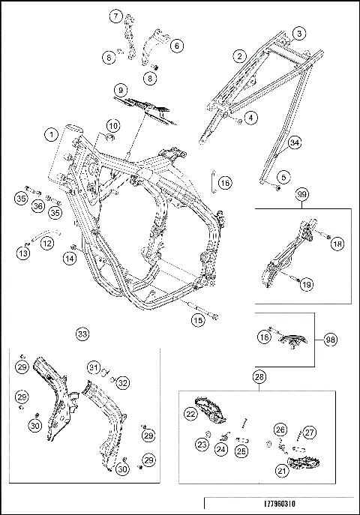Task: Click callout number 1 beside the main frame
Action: point(51,135)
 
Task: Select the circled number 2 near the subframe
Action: point(240,56)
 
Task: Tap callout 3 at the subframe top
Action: point(299,34)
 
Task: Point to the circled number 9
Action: point(121,90)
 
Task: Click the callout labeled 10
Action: point(113,126)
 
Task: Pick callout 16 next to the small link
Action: point(225,183)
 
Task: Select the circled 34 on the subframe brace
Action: point(295,143)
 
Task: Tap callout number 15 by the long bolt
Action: point(198,320)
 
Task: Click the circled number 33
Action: point(82,334)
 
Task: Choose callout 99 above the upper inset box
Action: point(301,194)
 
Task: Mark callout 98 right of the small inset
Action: point(330,340)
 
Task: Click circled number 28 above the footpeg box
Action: point(259,377)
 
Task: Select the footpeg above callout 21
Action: point(301,463)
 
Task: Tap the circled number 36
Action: point(38,206)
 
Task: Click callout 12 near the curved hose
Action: point(47,244)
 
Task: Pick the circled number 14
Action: point(70,259)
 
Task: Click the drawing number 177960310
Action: point(280,504)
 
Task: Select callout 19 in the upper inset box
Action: point(307,284)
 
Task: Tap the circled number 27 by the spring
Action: point(310,433)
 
